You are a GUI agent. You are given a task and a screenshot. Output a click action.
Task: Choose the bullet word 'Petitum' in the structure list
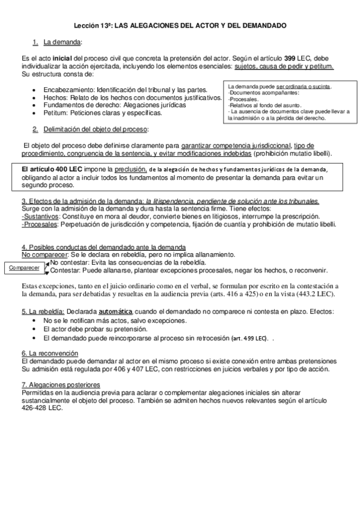click(55, 112)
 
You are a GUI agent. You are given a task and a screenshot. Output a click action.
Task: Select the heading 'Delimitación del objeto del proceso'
click(96, 129)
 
